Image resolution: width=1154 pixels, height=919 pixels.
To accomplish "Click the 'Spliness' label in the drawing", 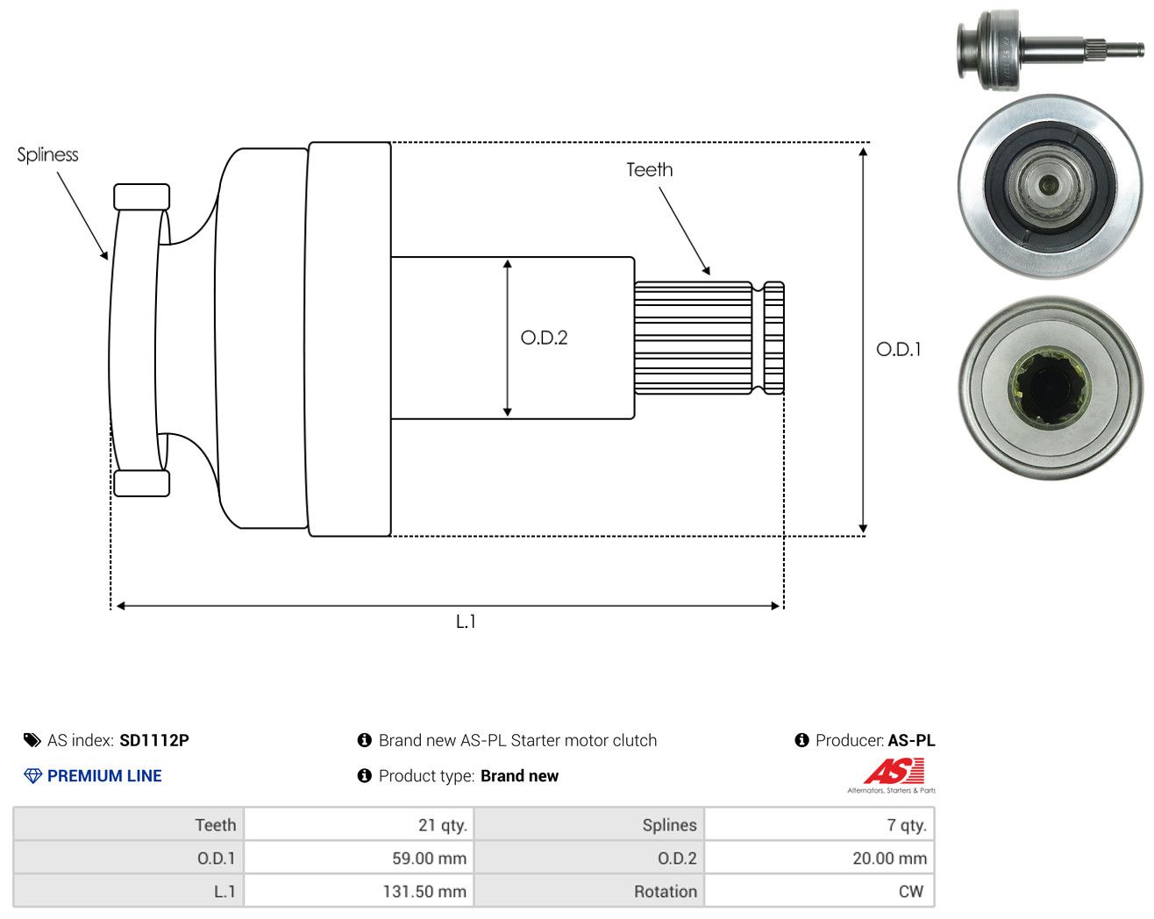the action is click(47, 155).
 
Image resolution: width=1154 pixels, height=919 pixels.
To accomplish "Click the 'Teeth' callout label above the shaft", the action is click(649, 170).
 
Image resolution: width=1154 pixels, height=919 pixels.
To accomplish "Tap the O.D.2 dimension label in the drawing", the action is click(544, 338).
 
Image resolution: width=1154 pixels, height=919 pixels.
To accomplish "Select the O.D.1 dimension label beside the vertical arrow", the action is click(898, 350).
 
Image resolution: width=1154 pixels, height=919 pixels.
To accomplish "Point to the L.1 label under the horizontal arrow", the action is click(466, 622).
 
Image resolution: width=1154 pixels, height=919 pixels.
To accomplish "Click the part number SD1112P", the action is click(154, 740).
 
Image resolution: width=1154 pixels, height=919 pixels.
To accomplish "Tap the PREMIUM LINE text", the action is click(104, 776).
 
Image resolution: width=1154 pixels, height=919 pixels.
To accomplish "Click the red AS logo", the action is click(894, 771).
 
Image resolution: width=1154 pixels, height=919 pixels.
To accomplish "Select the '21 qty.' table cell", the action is click(359, 824).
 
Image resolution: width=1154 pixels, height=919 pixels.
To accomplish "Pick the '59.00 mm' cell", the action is click(359, 858).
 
